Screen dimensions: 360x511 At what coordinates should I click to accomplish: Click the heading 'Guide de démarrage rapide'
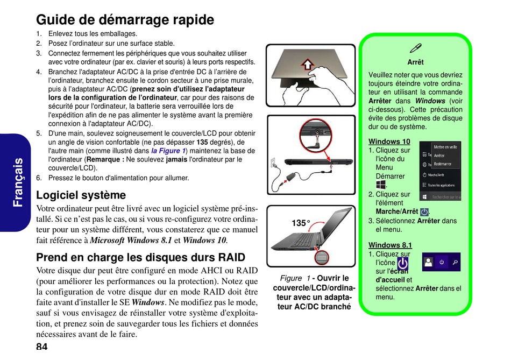coord(125,20)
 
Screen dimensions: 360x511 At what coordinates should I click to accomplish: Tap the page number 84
coord(42,346)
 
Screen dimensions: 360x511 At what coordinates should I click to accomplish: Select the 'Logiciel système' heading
coord(81,195)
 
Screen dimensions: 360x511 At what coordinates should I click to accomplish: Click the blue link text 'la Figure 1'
coord(168,151)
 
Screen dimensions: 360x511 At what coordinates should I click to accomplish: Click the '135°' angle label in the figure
coord(301,223)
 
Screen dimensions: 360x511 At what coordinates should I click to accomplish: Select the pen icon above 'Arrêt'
coord(415,48)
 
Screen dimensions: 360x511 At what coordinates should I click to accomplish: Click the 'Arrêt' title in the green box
coord(415,62)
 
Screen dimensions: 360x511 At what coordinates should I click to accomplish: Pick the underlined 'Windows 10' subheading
coord(389,142)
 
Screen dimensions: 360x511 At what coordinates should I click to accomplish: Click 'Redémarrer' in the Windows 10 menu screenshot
coord(443,164)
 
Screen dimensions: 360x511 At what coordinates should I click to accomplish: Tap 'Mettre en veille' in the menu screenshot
coord(445,146)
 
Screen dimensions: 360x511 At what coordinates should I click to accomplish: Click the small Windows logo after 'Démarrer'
coord(381,185)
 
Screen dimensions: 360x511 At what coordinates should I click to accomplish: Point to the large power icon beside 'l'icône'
coord(402,263)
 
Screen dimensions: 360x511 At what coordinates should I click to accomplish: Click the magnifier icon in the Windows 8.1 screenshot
coord(455,262)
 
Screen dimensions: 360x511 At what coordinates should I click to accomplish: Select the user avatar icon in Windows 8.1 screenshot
coord(429,262)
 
